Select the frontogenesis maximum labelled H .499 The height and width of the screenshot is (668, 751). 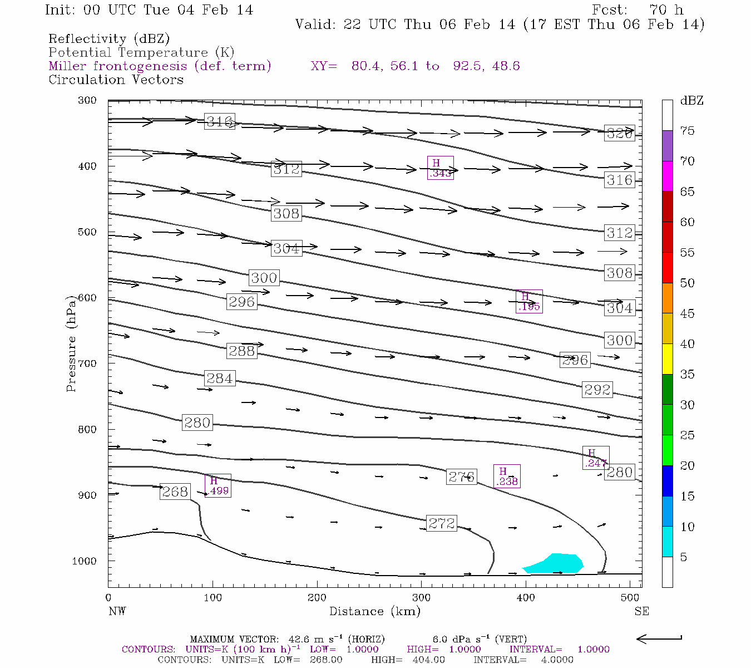218,485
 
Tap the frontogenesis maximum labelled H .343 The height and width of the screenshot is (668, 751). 440,168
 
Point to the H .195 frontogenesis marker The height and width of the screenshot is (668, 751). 529,301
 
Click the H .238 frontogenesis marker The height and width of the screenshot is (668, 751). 507,476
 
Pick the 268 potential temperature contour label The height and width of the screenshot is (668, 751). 175,492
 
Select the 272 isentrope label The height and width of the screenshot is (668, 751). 442,523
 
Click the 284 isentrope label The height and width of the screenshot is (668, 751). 219,379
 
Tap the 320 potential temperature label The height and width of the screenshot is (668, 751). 620,134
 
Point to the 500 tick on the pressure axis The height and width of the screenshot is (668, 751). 87,232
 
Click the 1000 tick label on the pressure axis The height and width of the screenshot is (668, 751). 85,561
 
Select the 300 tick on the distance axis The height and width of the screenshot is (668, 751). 421,598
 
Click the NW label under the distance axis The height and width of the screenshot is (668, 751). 117,611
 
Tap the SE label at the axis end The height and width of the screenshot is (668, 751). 641,611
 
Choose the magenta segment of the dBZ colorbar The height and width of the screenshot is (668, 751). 667,176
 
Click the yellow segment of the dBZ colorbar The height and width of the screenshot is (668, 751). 667,359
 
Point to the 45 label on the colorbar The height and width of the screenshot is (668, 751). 688,313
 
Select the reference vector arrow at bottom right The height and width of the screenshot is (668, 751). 659,638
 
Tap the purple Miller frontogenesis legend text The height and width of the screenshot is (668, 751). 160,66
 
